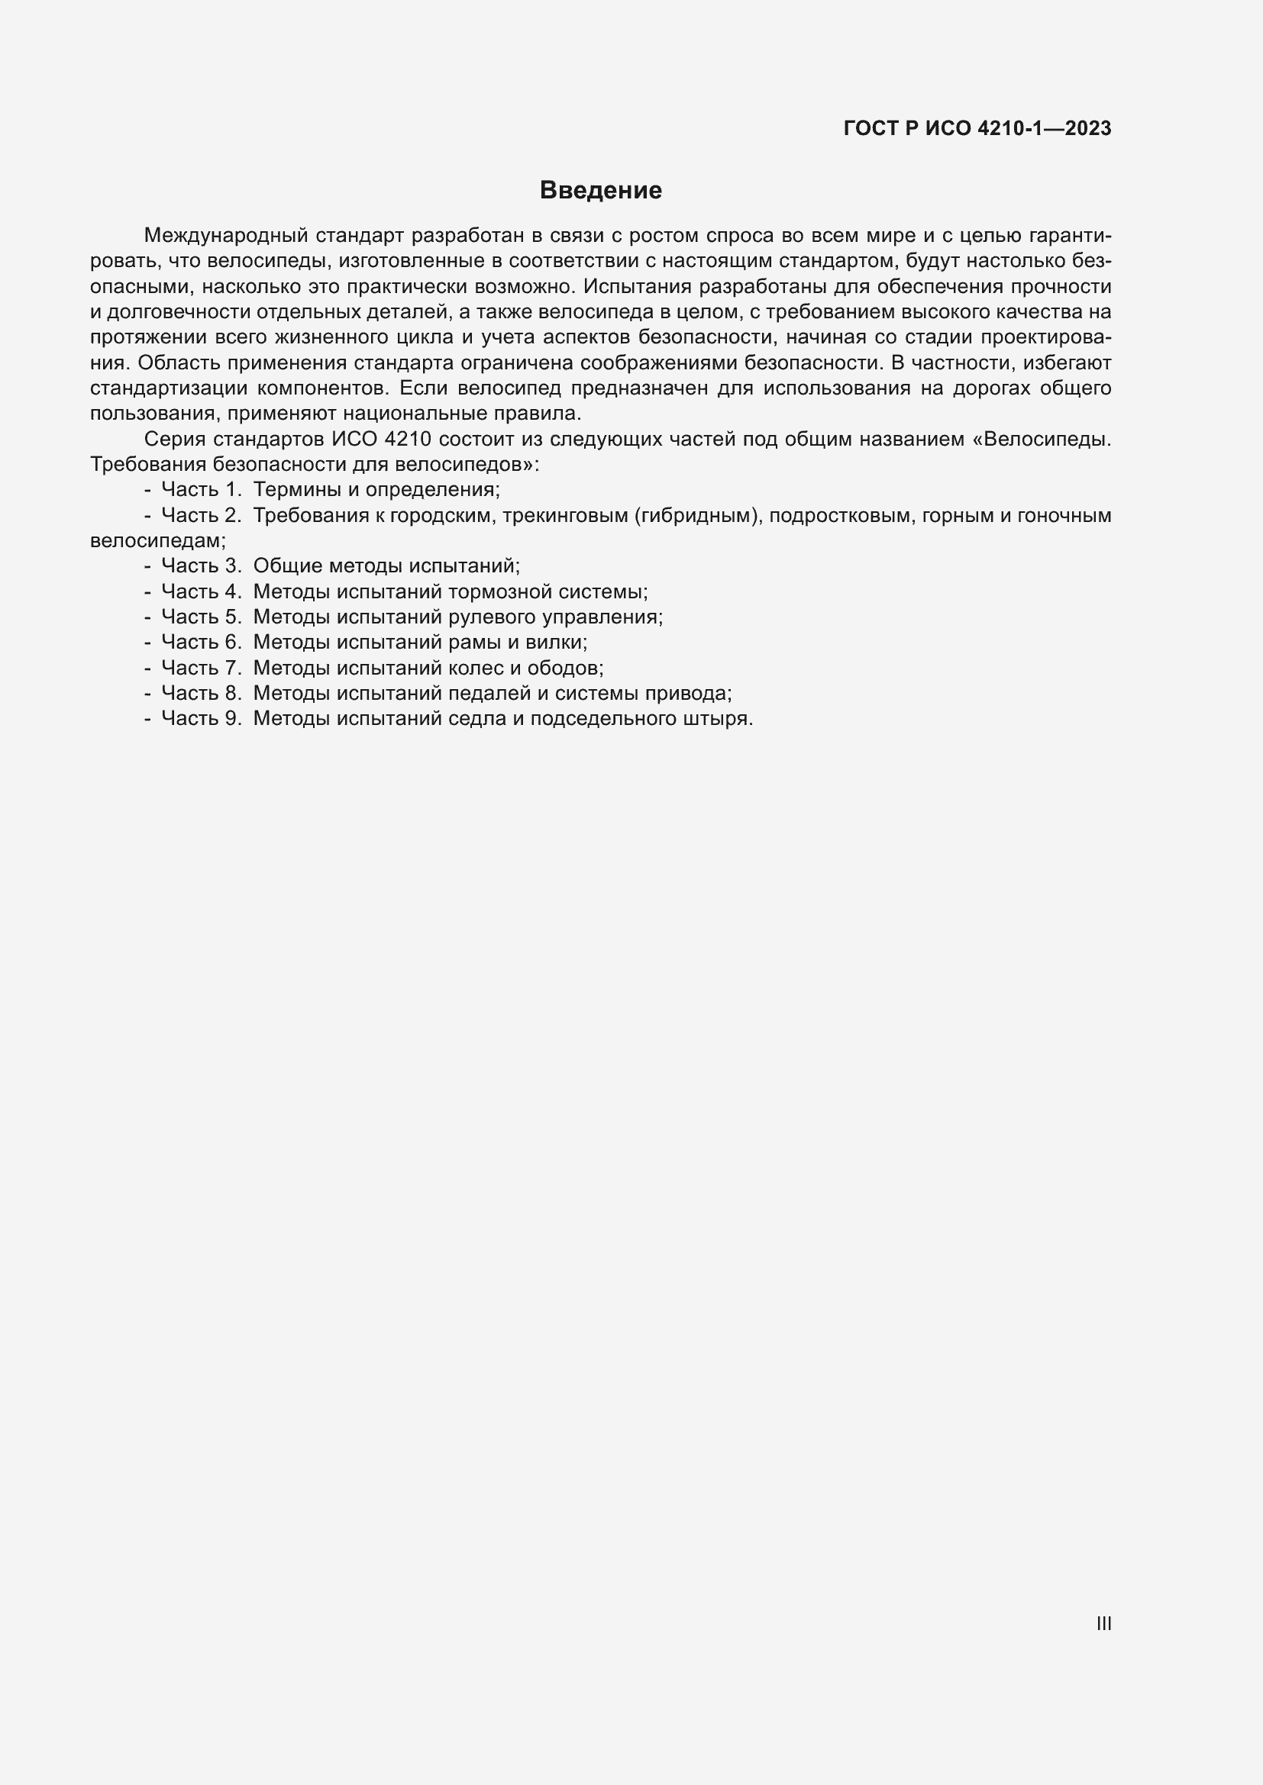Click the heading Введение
(x=600, y=191)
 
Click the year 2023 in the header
(x=1088, y=129)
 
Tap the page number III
(x=1103, y=1623)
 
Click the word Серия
(x=175, y=440)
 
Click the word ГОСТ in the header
(x=871, y=129)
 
